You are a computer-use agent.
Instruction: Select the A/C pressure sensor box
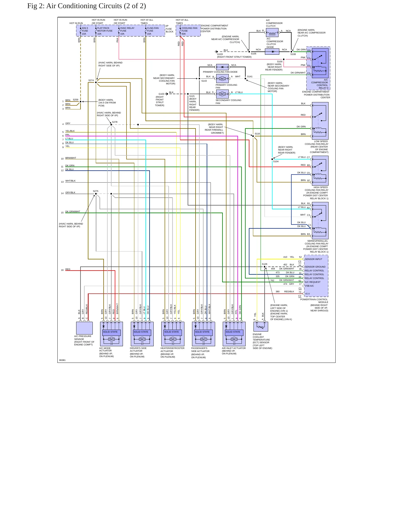coord(84,328)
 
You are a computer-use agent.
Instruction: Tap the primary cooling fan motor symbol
coord(222,79)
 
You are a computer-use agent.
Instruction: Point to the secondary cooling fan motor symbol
coord(222,94)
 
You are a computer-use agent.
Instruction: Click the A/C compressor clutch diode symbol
coord(272,51)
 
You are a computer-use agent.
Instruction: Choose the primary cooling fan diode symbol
coord(222,67)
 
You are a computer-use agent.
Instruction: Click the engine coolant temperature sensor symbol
coord(261,326)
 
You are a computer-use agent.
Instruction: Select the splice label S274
coord(91,80)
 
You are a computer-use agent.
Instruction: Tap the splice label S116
coord(257,134)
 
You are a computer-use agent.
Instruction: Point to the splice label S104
coord(276,161)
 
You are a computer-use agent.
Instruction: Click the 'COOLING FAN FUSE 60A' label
coord(189,31)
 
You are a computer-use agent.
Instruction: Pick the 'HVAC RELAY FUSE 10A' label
coord(127,31)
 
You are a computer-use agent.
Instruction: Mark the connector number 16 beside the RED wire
coord(62,270)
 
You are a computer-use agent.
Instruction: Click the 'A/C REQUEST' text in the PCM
coord(312,282)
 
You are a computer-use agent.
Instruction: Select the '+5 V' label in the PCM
coord(307,294)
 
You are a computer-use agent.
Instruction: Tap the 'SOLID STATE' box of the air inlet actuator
coord(233,332)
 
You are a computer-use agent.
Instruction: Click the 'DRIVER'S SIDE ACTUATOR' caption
coord(138,349)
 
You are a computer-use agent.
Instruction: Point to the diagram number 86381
coord(62,360)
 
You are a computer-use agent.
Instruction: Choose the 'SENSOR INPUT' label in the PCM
coord(313,259)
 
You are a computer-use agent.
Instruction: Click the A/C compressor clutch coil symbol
coord(272,33)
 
